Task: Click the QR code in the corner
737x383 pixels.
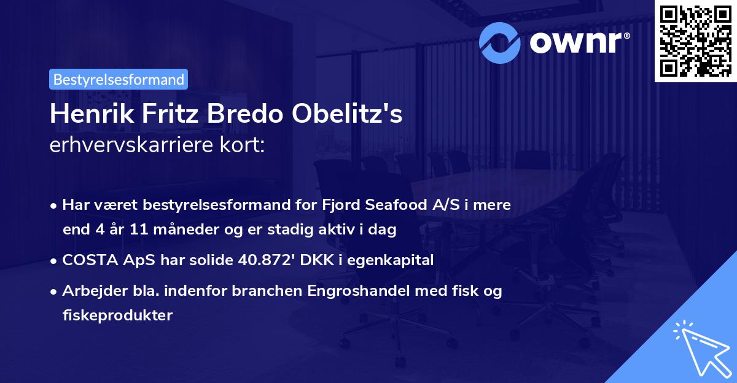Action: [695, 41]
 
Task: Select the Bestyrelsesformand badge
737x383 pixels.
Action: [119, 79]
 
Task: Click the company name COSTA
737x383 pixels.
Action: [85, 260]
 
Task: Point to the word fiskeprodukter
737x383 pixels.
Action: [117, 315]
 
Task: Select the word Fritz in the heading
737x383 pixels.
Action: [168, 115]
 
